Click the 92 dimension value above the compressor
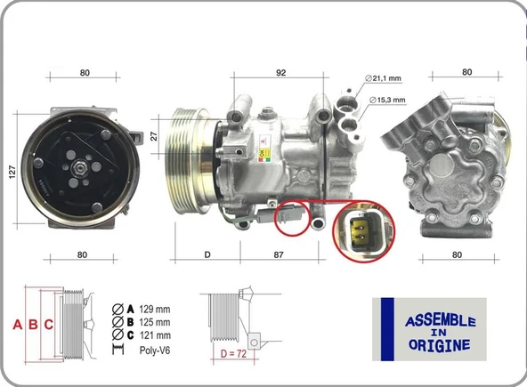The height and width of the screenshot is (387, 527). tap(281, 74)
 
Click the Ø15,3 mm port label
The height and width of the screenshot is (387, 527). tap(385, 100)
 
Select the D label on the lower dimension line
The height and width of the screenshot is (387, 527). tap(207, 255)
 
